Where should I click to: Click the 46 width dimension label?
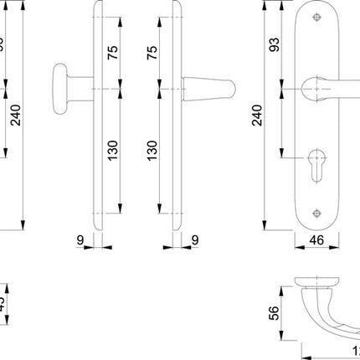click(316, 241)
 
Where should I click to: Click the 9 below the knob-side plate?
click(80, 240)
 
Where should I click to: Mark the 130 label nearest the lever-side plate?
click(152, 151)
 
